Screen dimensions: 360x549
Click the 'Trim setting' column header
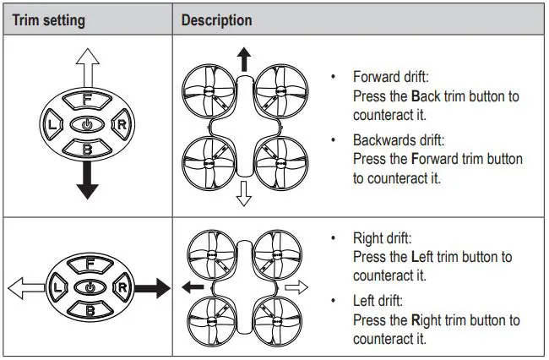(47, 20)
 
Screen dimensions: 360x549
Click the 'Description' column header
(216, 20)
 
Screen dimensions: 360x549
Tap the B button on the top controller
(87, 149)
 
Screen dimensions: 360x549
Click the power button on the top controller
(87, 125)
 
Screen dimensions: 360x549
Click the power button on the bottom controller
(87, 288)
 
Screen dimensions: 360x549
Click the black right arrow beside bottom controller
(152, 288)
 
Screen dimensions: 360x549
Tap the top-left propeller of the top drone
(211, 93)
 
